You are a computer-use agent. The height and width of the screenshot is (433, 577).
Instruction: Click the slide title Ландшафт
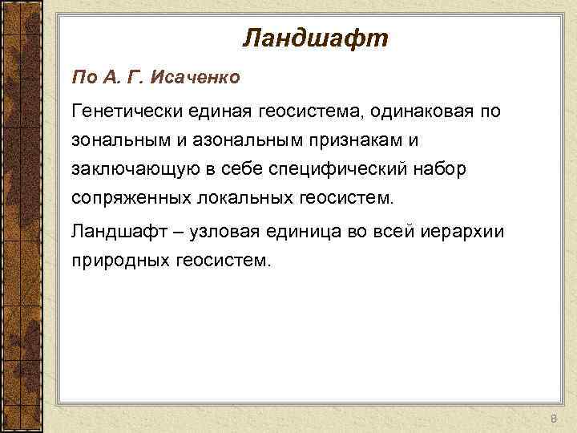pos(315,37)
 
